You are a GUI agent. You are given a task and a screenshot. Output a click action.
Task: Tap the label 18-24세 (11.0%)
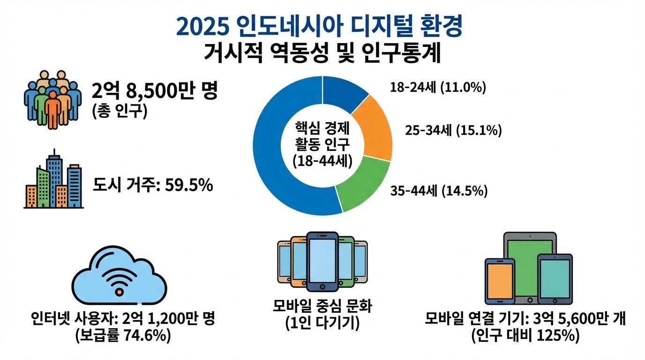[x=437, y=87]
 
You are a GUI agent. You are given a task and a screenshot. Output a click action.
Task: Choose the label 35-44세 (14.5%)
[x=438, y=191]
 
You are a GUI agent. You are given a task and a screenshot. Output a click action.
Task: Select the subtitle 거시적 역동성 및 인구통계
[x=322, y=53]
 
